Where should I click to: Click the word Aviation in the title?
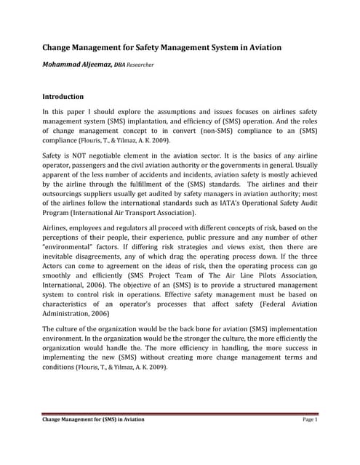click(260, 48)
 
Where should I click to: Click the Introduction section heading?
click(63, 96)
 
